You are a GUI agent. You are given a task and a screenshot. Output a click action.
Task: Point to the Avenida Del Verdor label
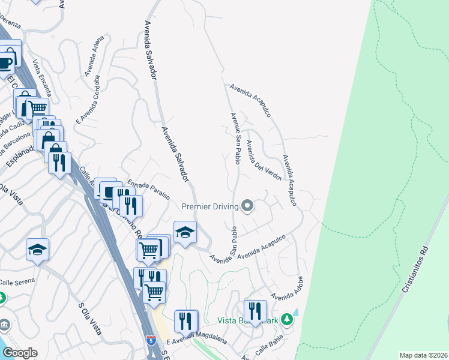point(264,160)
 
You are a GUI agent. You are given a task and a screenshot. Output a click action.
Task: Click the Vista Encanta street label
point(43,77)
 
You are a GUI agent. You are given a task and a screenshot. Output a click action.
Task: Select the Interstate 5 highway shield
point(151,341)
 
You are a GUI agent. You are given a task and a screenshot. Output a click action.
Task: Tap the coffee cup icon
point(6,62)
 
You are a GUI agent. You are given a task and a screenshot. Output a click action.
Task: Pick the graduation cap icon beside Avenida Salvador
point(185,232)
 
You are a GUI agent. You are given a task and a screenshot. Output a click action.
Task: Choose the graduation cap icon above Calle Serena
point(37,250)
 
